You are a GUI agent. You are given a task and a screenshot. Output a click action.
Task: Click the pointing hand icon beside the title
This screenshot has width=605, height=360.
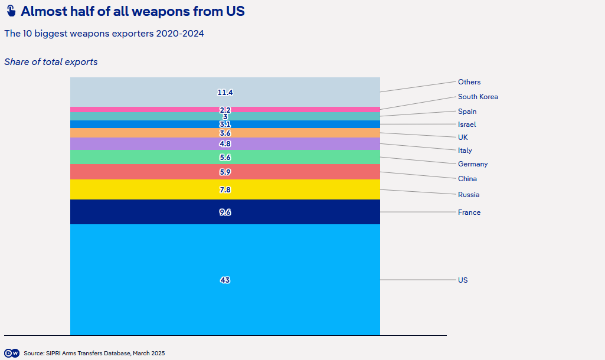coord(11,11)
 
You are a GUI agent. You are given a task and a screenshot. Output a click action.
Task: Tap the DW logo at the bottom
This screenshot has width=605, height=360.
coord(12,353)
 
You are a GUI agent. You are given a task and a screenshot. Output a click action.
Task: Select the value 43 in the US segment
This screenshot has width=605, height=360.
coord(225,280)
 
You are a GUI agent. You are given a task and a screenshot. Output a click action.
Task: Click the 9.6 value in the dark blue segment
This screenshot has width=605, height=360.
coord(225,212)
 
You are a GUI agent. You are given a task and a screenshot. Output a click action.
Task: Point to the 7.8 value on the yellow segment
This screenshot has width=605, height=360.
coord(225,190)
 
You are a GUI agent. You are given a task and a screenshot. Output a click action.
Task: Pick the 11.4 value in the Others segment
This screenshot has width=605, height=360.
coord(225,93)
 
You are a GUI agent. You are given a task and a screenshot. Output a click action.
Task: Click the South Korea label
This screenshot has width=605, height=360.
coord(478,97)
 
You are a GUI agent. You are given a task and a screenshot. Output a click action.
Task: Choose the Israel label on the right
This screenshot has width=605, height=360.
coord(467,125)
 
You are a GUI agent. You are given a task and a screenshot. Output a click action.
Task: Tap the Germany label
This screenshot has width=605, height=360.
coord(473,165)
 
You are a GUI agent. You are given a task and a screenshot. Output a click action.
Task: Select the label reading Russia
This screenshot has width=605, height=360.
coord(469,195)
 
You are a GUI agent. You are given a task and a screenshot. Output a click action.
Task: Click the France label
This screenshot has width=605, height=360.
coord(469,212)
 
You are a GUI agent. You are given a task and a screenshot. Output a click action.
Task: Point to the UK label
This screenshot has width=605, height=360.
coord(463,138)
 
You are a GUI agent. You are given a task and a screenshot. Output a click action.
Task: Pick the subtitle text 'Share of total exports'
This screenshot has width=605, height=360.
coord(51,62)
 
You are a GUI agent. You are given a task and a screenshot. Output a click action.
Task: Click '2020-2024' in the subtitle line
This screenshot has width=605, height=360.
coord(180,34)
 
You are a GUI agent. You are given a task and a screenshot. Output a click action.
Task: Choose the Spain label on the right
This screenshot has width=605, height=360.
coord(467,112)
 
